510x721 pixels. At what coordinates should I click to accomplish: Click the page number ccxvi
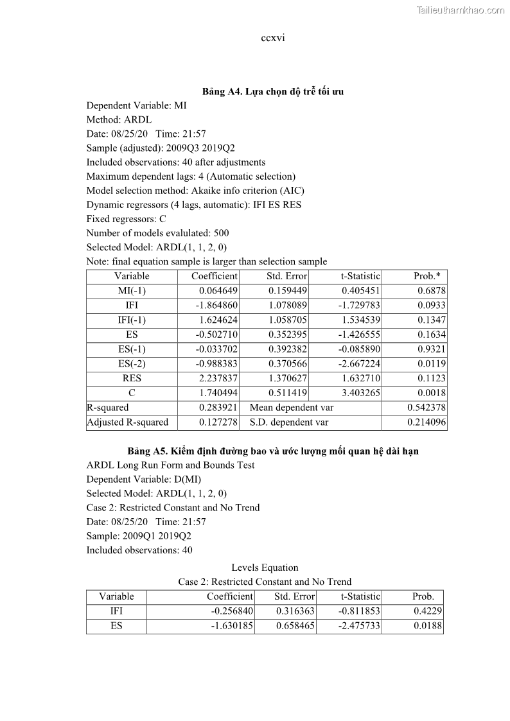point(273,38)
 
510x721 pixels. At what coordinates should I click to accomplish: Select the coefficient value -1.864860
point(216,306)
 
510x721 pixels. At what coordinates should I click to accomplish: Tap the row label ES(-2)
point(132,364)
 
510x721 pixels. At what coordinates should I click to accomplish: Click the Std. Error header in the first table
point(286,276)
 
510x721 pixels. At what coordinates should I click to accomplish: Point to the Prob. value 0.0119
point(430,364)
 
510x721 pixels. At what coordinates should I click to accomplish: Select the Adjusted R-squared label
point(127,422)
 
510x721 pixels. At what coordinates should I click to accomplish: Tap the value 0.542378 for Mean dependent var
point(426,408)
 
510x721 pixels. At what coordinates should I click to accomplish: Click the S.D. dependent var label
point(289,422)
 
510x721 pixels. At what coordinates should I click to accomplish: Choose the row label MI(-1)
point(132,291)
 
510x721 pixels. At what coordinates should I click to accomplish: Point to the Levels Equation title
point(265,568)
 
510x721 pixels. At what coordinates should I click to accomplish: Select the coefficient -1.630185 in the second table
point(232,626)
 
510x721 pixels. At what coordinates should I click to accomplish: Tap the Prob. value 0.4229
point(428,611)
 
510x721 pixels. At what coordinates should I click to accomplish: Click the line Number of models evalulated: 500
point(157,233)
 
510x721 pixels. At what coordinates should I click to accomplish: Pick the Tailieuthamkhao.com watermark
point(461,10)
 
